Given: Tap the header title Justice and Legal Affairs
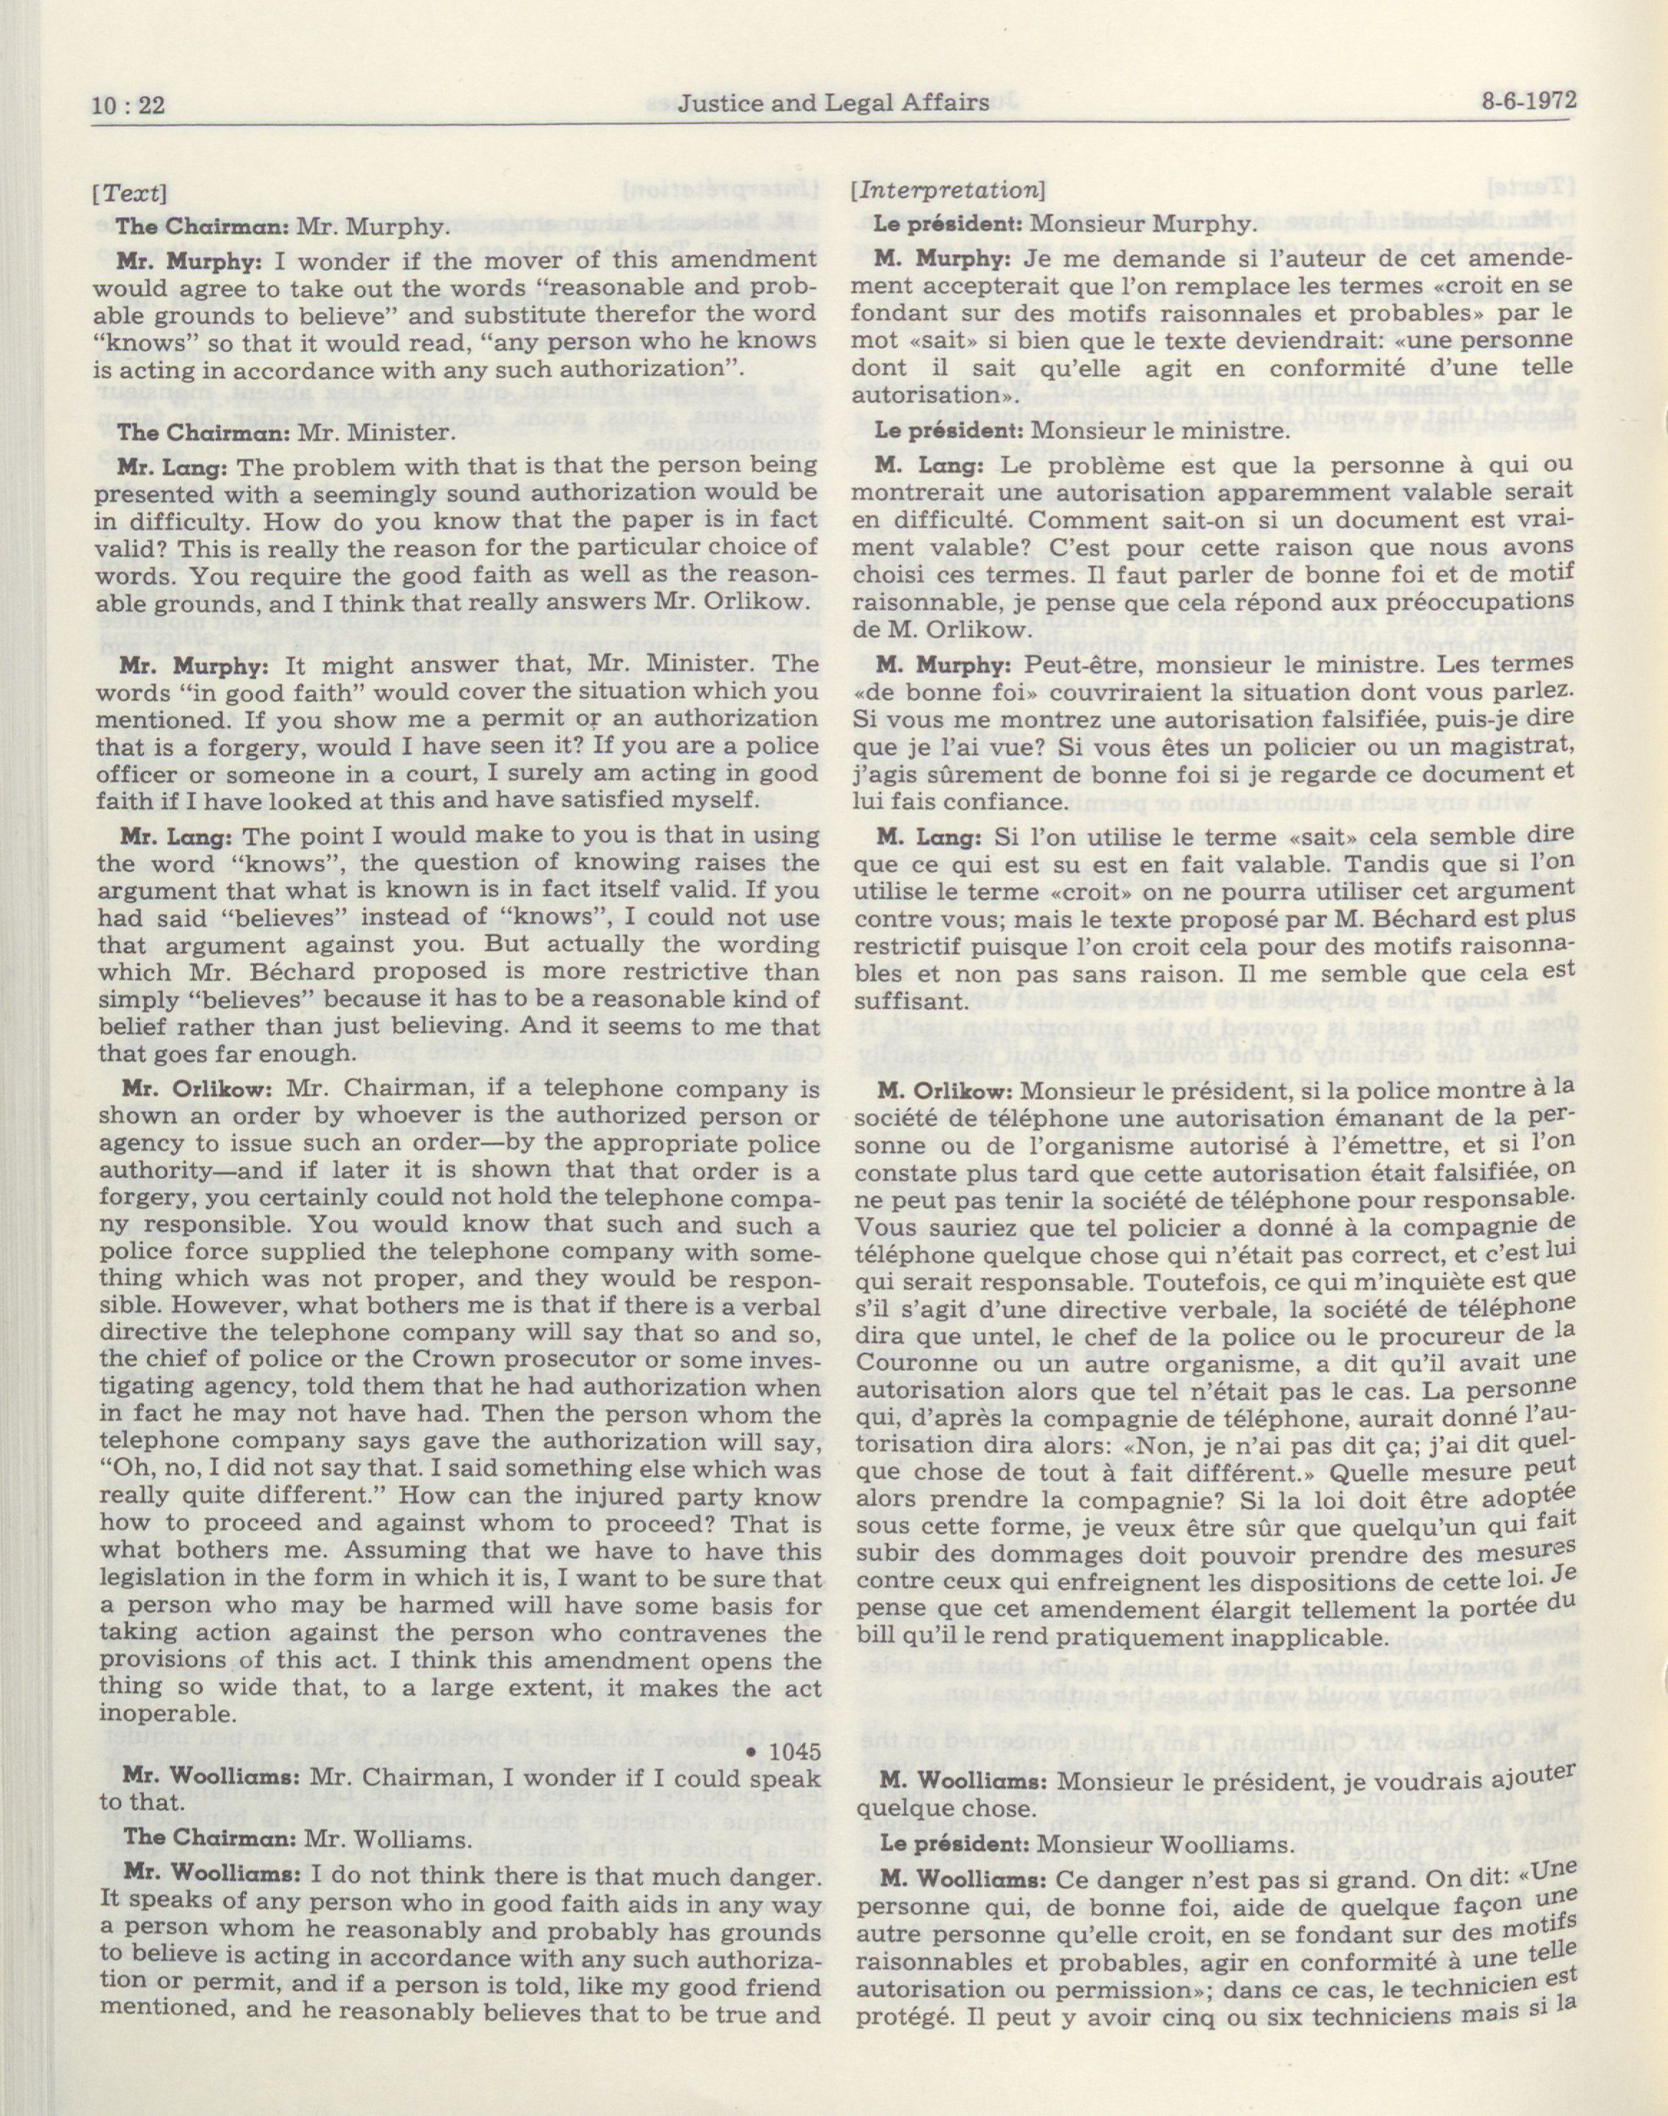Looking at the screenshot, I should point(833,102).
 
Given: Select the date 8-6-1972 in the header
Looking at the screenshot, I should point(1528,100).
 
